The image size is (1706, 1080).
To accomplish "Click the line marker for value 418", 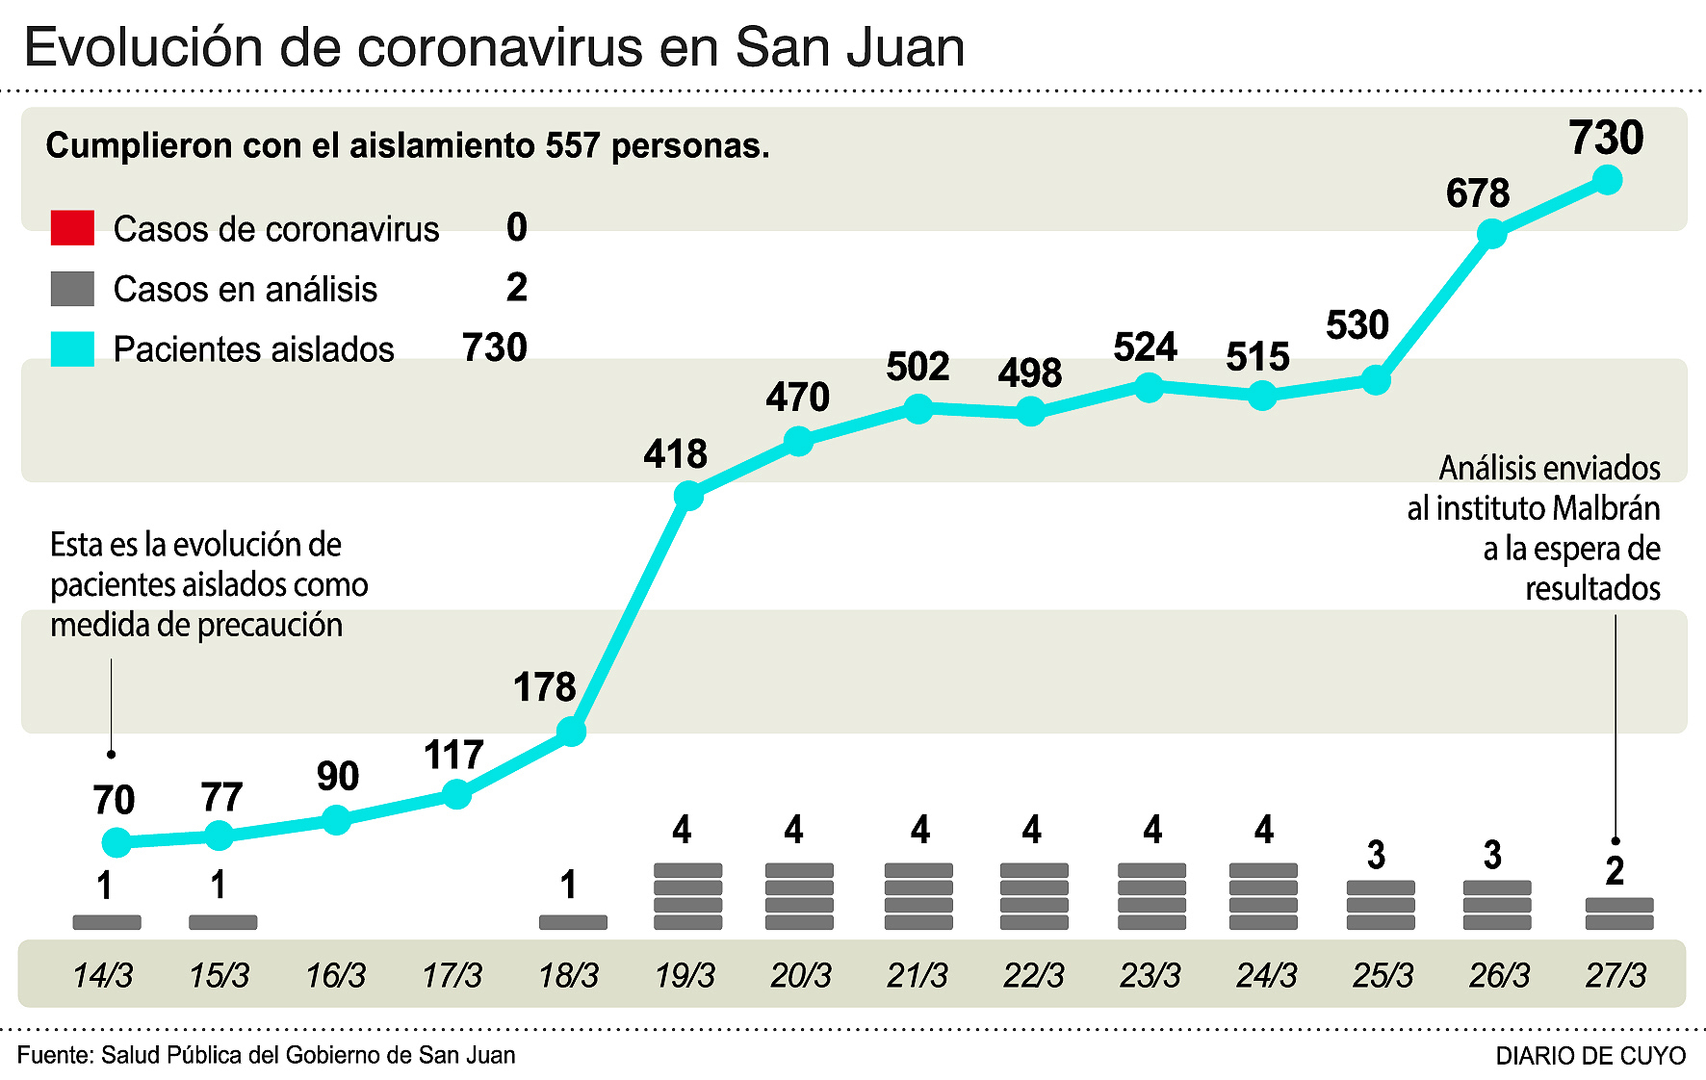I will pyautogui.click(x=688, y=496).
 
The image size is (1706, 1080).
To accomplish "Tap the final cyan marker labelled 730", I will pyautogui.click(x=1607, y=180).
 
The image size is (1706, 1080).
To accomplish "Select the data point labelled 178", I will pyautogui.click(x=571, y=732).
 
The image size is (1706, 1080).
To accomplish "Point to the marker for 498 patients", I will pyautogui.click(x=1031, y=412).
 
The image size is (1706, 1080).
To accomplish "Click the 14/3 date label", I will pyautogui.click(x=103, y=975).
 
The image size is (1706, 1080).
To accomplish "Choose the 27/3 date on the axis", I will pyautogui.click(x=1616, y=975).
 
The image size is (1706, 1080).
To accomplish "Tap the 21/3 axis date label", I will pyautogui.click(x=917, y=975).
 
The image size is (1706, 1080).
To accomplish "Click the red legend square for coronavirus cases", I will pyautogui.click(x=72, y=228).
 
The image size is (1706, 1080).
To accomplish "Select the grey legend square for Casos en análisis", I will pyautogui.click(x=72, y=289).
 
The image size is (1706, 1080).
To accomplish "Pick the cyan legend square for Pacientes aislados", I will pyautogui.click(x=72, y=348).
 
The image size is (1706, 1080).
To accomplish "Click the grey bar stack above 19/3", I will pyautogui.click(x=687, y=896).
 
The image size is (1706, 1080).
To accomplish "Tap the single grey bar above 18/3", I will pyautogui.click(x=573, y=922).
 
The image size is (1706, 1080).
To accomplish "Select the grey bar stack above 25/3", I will pyautogui.click(x=1381, y=905).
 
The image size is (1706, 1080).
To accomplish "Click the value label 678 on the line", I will pyautogui.click(x=1477, y=193).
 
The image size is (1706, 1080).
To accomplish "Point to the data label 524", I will pyautogui.click(x=1145, y=347).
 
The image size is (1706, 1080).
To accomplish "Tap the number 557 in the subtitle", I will pyautogui.click(x=573, y=145).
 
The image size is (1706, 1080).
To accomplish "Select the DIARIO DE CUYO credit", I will pyautogui.click(x=1590, y=1056).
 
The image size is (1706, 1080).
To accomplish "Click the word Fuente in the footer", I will pyautogui.click(x=53, y=1055).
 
